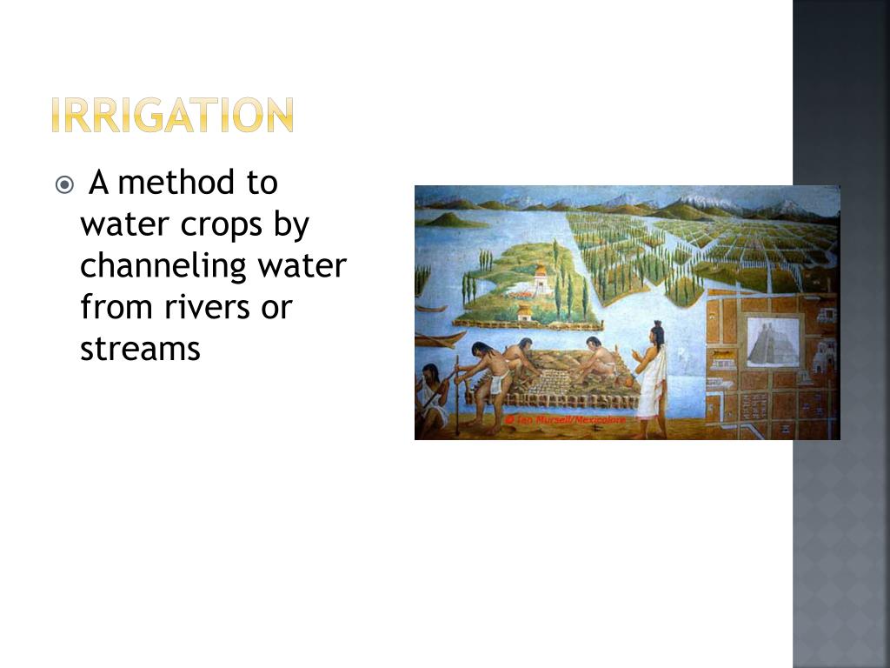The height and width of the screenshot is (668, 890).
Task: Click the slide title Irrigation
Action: click(x=172, y=116)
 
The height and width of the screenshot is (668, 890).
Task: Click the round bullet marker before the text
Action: click(x=64, y=184)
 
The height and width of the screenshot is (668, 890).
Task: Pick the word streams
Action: click(x=140, y=349)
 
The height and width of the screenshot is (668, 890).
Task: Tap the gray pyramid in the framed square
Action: click(x=773, y=342)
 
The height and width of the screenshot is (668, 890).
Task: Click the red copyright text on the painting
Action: click(x=565, y=419)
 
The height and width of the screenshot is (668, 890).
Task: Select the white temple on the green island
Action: click(x=541, y=281)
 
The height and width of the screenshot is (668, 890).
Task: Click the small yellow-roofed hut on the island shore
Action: click(x=524, y=312)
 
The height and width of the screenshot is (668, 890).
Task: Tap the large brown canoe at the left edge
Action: click(x=440, y=337)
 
